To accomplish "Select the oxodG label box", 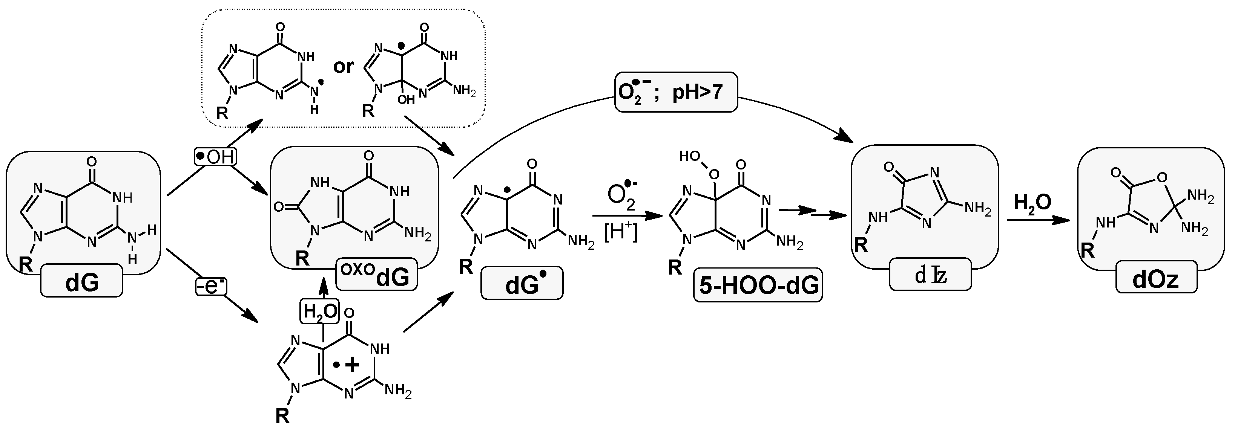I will click(376, 275).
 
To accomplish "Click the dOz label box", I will click(1156, 278).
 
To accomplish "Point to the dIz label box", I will click(930, 275).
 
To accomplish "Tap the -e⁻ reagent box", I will click(210, 286).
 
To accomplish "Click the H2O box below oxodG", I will click(319, 311).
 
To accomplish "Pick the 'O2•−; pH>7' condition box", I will click(675, 92).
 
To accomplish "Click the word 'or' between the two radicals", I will click(343, 66).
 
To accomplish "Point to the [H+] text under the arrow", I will click(621, 234).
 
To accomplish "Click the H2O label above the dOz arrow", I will click(1032, 203).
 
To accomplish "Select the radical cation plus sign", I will click(352, 365).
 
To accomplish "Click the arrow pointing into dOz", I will click(1038, 220).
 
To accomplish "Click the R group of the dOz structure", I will click(1088, 250).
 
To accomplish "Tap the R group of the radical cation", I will click(282, 416).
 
